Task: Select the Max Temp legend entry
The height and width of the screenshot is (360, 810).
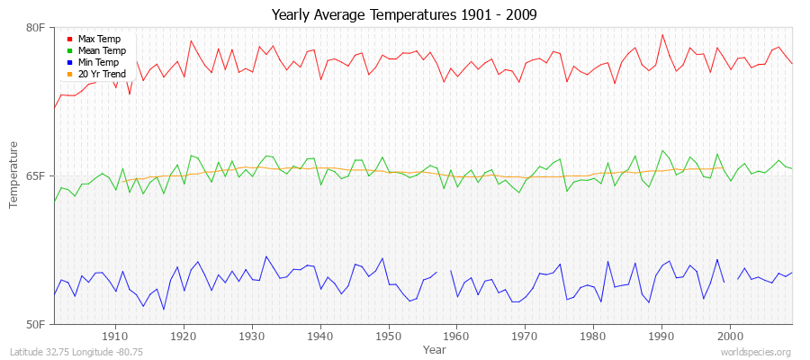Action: click(x=98, y=40)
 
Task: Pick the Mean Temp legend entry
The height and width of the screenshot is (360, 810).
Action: click(x=100, y=51)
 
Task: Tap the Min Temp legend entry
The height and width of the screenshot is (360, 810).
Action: click(x=98, y=62)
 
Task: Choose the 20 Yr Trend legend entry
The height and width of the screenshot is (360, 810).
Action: click(x=102, y=74)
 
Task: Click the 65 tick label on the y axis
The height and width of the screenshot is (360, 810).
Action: click(x=39, y=175)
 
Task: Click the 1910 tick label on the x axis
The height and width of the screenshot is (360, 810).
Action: click(x=115, y=336)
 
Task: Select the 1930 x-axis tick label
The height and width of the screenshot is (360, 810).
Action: click(x=252, y=336)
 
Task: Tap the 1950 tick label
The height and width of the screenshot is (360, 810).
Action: click(x=388, y=336)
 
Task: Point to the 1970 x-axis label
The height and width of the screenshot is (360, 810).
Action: click(x=525, y=336)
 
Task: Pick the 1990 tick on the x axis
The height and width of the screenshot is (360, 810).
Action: click(x=661, y=336)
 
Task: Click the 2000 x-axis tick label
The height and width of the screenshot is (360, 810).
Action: click(x=730, y=336)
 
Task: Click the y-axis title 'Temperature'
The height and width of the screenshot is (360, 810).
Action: click(x=13, y=175)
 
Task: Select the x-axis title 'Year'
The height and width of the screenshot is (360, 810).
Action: click(x=434, y=348)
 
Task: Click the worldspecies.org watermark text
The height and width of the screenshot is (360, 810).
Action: click(x=758, y=352)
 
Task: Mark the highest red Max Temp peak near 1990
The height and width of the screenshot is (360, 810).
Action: click(x=662, y=34)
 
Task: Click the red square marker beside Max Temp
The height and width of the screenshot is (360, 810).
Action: click(x=69, y=40)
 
